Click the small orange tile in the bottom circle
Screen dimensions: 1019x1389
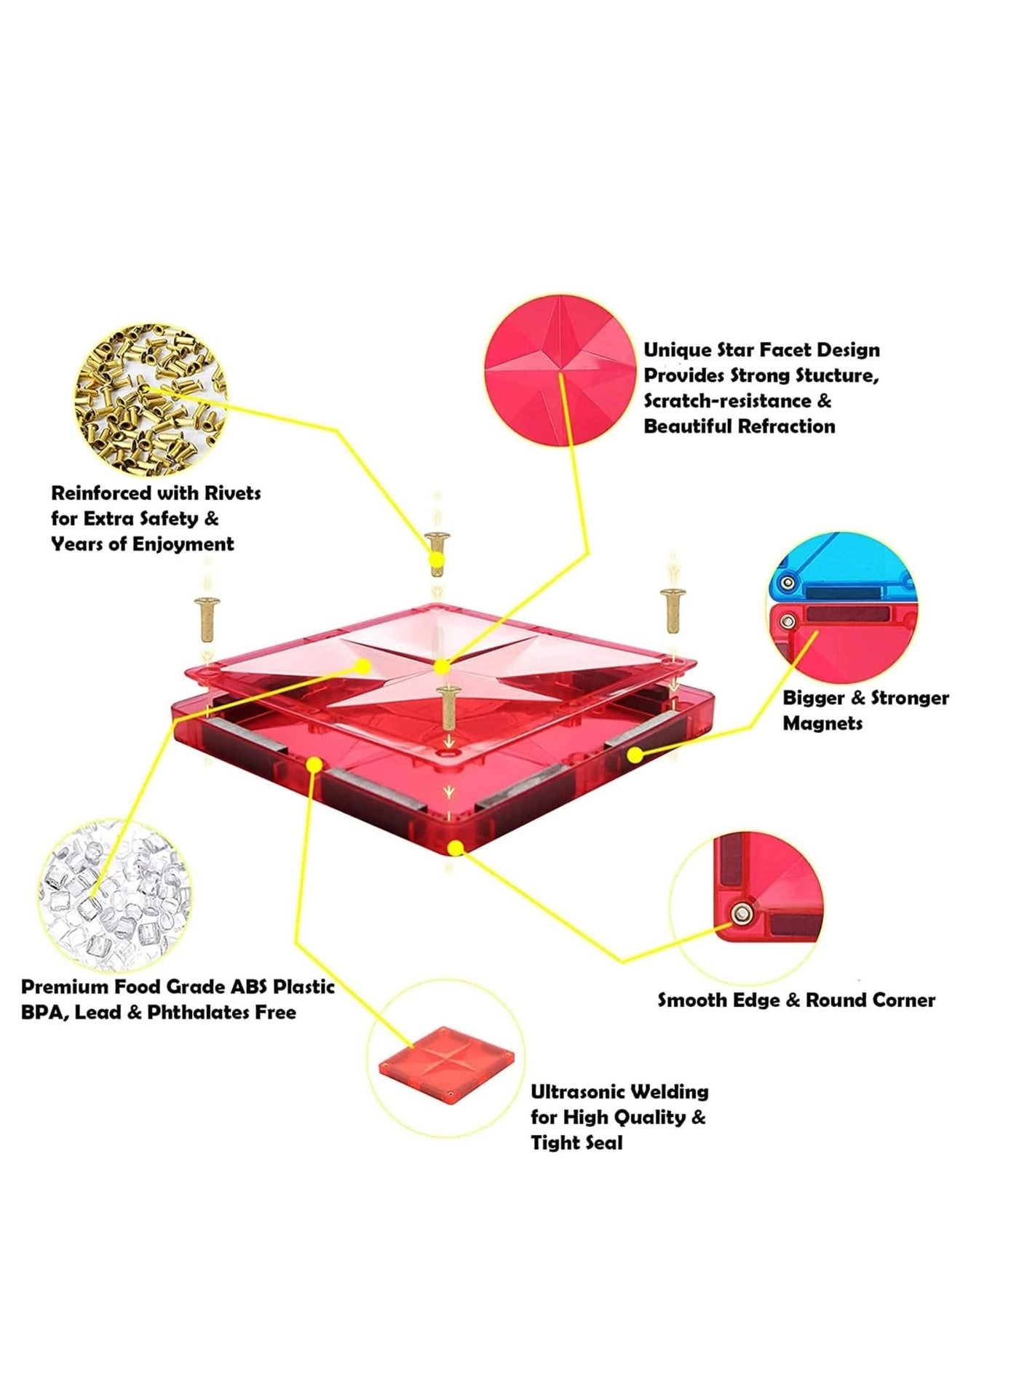pyautogui.click(x=452, y=1062)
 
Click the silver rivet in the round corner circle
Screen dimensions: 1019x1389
pyautogui.click(x=742, y=914)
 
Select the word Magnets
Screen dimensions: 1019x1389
pyautogui.click(x=822, y=723)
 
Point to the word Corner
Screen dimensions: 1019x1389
pyautogui.click(x=903, y=1000)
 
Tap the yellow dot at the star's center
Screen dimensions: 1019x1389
pyautogui.click(x=440, y=666)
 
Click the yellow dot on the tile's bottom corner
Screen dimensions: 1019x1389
pyautogui.click(x=456, y=848)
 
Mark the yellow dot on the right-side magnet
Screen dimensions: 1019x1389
pyautogui.click(x=635, y=755)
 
